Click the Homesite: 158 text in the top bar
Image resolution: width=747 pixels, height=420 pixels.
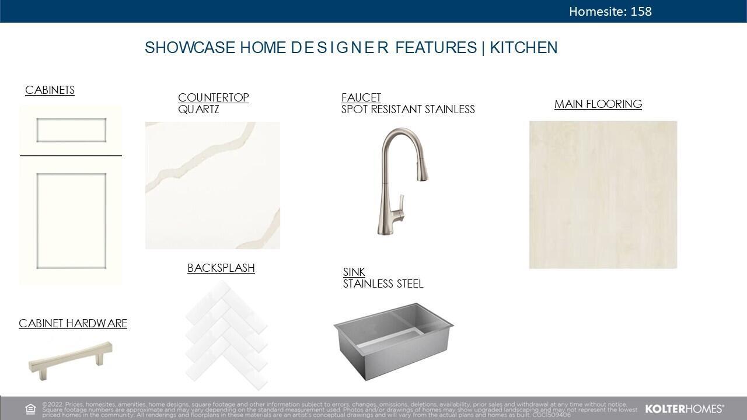click(x=610, y=11)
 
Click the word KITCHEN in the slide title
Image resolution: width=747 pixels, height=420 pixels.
click(x=523, y=48)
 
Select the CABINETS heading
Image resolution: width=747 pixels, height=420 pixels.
click(x=50, y=90)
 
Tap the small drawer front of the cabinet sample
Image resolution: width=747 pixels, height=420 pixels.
click(x=71, y=130)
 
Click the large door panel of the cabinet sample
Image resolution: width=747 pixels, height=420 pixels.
click(x=71, y=220)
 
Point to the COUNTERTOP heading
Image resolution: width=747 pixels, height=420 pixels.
click(x=213, y=97)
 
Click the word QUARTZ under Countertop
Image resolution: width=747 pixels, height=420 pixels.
click(x=198, y=109)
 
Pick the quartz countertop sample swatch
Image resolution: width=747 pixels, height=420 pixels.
click(x=212, y=185)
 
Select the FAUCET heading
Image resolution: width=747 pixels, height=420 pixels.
click(x=361, y=97)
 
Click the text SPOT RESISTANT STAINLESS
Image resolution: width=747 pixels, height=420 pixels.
click(x=408, y=109)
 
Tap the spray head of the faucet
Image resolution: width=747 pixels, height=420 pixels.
click(x=421, y=169)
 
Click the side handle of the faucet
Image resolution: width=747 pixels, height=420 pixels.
click(x=400, y=205)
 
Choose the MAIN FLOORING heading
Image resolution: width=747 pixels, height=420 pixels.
click(x=598, y=104)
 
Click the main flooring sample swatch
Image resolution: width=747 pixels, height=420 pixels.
click(x=603, y=195)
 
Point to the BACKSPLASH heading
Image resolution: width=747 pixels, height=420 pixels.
click(x=221, y=268)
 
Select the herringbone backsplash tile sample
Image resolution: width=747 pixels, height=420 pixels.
click(x=226, y=335)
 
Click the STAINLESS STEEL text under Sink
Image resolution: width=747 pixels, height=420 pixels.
click(x=383, y=283)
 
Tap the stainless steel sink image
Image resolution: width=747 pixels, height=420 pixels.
click(x=393, y=340)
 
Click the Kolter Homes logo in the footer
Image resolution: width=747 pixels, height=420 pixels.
click(x=684, y=409)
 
